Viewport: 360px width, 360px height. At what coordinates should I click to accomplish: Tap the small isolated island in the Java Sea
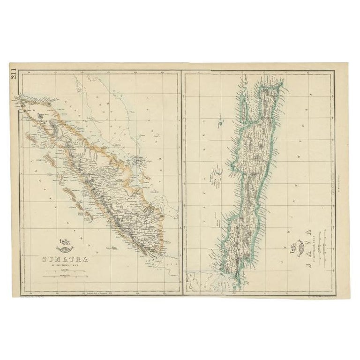[x=219, y=125]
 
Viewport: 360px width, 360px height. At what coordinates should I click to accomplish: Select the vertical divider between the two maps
[x=181, y=183]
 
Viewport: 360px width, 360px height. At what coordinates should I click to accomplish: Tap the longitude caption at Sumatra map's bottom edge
[x=100, y=294]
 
